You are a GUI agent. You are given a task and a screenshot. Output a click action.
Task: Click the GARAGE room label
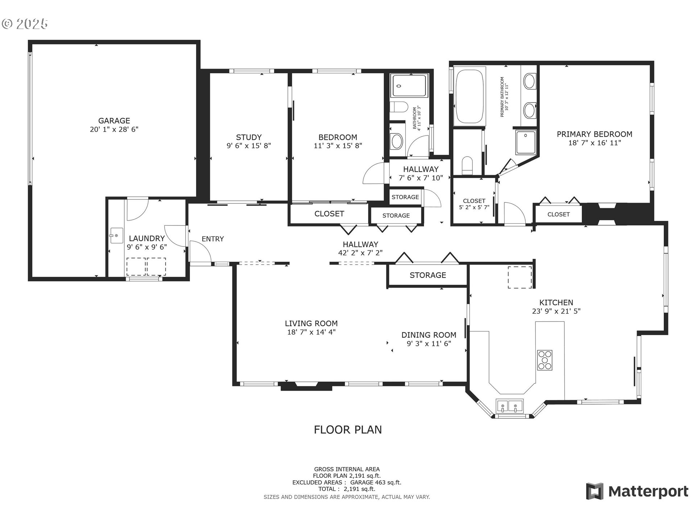[114, 121]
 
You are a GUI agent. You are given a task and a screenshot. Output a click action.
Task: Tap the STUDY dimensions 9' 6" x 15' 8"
[249, 146]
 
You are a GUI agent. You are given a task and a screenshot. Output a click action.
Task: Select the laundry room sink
[116, 236]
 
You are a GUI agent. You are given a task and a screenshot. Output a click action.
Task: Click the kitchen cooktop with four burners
[544, 360]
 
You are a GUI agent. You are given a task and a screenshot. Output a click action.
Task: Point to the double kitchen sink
[510, 406]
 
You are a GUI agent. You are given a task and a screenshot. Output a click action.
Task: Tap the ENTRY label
[213, 239]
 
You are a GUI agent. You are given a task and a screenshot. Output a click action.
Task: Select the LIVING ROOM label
[311, 323]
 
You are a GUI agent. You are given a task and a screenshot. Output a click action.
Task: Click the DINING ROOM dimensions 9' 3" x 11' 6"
[429, 344]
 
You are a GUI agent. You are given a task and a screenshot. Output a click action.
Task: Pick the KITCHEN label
[556, 302]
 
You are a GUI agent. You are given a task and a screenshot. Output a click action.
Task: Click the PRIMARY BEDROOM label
[594, 134]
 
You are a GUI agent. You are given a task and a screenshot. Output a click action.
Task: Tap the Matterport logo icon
[594, 491]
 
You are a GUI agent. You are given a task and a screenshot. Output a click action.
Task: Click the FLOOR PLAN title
[348, 430]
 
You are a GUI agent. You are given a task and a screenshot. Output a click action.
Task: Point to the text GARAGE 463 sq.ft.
[376, 482]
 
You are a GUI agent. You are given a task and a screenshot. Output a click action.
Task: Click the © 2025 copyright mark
[25, 24]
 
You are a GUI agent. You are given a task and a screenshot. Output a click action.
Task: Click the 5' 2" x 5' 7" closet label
[474, 207]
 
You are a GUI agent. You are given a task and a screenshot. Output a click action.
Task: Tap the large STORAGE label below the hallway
[428, 275]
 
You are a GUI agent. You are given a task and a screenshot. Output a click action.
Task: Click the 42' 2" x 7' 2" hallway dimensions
[360, 253]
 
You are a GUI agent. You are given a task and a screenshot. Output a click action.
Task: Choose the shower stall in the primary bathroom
[526, 142]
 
